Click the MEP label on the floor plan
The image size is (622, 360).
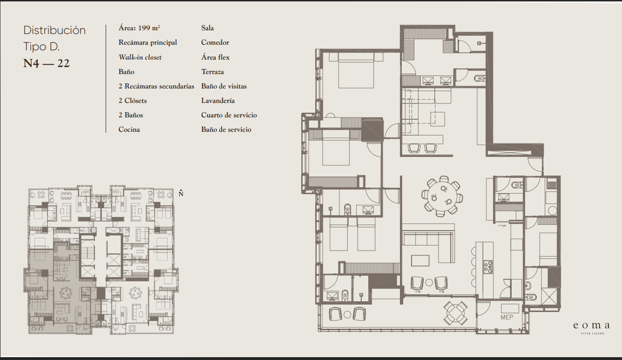tap(507, 317)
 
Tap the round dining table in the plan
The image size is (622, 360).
tap(442, 196)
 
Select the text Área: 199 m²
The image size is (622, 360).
tap(139, 28)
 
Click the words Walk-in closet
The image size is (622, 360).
tap(140, 57)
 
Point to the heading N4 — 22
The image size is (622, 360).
tap(46, 63)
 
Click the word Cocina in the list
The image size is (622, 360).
tap(129, 130)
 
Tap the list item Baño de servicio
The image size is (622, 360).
tap(227, 130)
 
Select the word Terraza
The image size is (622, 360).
tap(213, 72)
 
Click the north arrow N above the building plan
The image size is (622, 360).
tap(181, 193)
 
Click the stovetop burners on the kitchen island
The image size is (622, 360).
tap(488, 267)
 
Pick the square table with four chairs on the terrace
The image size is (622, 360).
tap(456, 313)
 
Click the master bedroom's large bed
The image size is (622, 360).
tap(356, 71)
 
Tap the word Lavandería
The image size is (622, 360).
tap(218, 101)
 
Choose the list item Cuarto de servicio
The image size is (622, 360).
tap(229, 115)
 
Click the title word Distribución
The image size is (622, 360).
tap(54, 30)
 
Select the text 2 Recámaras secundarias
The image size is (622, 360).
tap(157, 86)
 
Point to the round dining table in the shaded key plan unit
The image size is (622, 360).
tap(66, 293)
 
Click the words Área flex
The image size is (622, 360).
tap(216, 57)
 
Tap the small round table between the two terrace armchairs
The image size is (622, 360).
tap(347, 314)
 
